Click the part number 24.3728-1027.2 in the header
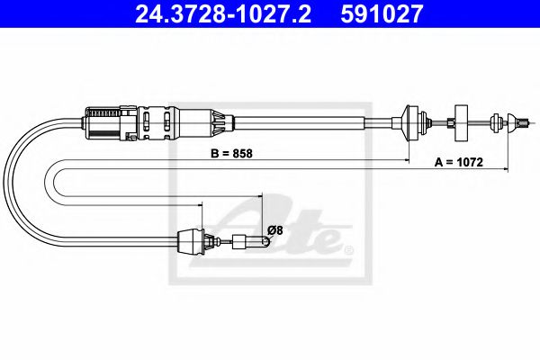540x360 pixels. [x=223, y=13]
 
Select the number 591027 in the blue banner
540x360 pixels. [x=382, y=13]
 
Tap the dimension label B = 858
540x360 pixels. [x=231, y=153]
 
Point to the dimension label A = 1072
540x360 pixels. [x=459, y=162]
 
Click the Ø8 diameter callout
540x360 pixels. [x=274, y=229]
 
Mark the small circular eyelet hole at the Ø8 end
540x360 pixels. [x=265, y=241]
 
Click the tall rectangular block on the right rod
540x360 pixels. [x=461, y=122]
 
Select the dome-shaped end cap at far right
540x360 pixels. [x=512, y=122]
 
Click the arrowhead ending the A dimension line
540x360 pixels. [x=506, y=169]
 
